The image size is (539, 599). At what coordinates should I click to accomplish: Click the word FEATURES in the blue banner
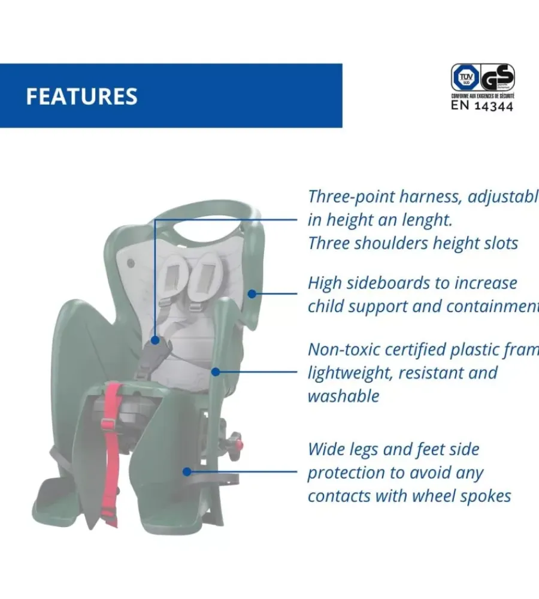(81, 96)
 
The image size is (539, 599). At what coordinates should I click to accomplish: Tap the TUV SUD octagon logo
(464, 78)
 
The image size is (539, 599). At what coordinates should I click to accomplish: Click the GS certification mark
(498, 78)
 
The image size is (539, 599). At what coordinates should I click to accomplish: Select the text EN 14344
(482, 106)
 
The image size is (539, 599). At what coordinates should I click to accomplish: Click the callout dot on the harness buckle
(155, 340)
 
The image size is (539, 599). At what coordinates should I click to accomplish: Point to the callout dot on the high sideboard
(252, 294)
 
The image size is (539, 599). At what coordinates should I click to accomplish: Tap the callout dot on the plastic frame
(216, 371)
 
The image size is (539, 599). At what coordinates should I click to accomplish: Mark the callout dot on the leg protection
(187, 471)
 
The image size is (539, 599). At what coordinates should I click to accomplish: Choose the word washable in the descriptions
(343, 396)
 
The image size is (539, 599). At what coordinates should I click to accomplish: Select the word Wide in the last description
(328, 449)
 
